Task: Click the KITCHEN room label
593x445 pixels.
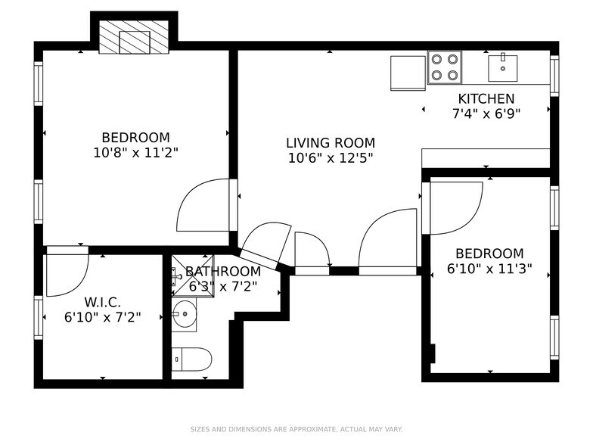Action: tap(486, 98)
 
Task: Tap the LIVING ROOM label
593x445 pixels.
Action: tap(330, 142)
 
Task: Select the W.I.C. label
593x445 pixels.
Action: tap(102, 302)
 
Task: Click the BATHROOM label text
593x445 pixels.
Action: tap(223, 271)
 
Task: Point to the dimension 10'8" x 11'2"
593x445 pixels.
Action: tap(135, 151)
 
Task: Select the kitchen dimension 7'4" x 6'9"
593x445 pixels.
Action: tap(486, 113)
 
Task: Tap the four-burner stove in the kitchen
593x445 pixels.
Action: tap(445, 67)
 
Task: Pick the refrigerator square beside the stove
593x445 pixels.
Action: tap(408, 72)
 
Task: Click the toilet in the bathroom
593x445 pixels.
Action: tap(191, 359)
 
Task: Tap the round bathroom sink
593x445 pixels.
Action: tap(184, 314)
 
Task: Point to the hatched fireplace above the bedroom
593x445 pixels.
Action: tap(134, 36)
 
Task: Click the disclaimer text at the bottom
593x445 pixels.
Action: tap(296, 428)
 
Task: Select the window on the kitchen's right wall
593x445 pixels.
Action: tap(554, 76)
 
